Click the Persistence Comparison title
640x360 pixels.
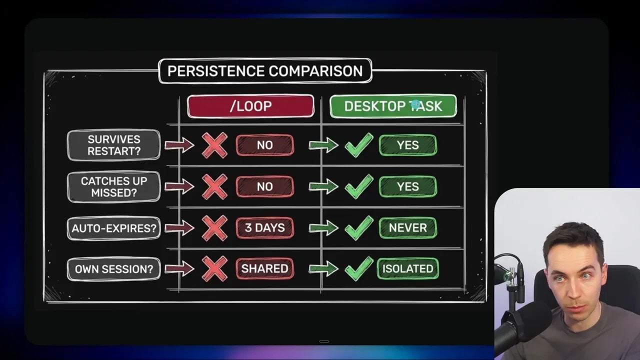click(265, 71)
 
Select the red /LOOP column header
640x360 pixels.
click(250, 106)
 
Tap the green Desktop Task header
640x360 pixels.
click(393, 106)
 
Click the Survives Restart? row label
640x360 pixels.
click(113, 145)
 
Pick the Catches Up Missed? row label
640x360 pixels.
click(113, 186)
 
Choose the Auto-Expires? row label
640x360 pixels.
click(113, 228)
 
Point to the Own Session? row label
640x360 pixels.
click(113, 269)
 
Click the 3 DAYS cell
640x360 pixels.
click(264, 228)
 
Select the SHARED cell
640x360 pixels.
click(264, 269)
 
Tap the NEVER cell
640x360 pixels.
click(407, 228)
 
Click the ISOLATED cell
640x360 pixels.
click(407, 269)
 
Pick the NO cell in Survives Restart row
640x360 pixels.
click(264, 145)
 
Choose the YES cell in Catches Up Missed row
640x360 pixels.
click(407, 186)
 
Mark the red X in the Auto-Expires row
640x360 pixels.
click(214, 228)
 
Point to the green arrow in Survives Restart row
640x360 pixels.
click(323, 145)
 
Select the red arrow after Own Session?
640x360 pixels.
click(179, 269)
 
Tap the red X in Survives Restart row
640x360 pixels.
click(214, 145)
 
